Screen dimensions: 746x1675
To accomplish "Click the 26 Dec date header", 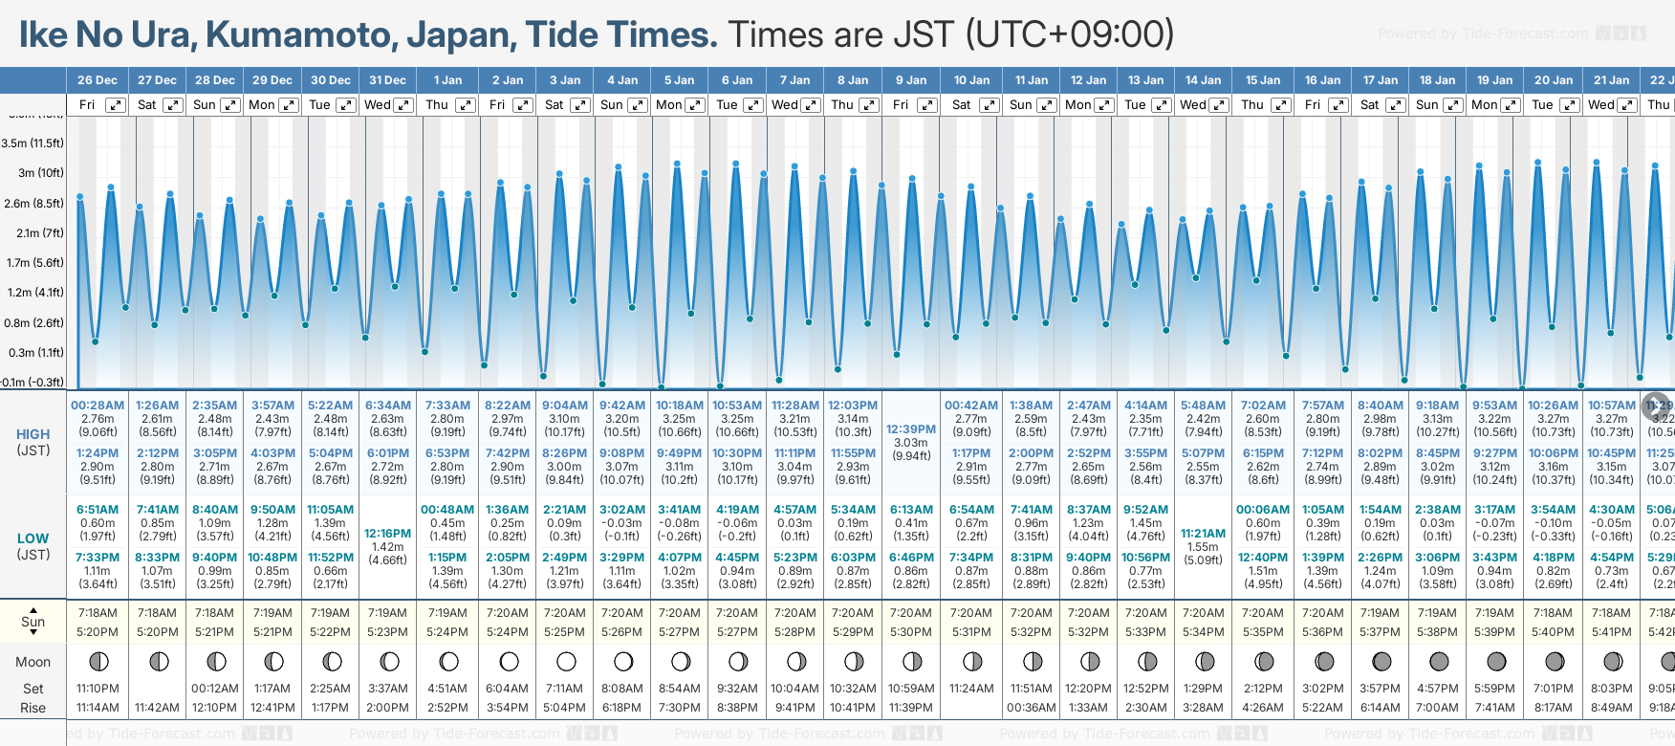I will pos(97,80).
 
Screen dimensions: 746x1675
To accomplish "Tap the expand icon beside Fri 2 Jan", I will pos(523,105).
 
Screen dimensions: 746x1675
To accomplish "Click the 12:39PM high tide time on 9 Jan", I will pos(910,429).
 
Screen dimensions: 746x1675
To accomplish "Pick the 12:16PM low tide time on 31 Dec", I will pos(387,534).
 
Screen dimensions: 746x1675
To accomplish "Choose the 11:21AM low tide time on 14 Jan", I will pos(1203,534).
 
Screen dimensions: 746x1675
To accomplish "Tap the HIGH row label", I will pos(33,434).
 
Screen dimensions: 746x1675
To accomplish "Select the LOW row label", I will pos(33,538).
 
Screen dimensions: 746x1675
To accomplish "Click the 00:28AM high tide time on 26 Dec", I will pos(98,406).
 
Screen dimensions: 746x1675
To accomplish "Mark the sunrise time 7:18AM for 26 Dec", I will pos(98,613).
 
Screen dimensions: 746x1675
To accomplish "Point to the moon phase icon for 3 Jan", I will pos(566,661).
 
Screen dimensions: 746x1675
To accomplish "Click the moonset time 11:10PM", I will pos(98,689).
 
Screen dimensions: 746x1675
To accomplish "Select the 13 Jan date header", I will pos(1146,80).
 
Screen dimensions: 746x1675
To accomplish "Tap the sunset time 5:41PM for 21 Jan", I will pos(1611,632).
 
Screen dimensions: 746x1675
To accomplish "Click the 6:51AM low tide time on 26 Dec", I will pos(98,510).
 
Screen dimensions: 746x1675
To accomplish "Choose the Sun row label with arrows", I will pos(33,621).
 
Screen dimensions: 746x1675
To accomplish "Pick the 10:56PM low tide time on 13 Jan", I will pos(1145,558).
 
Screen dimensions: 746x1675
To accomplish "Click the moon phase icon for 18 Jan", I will pos(1439,661).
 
